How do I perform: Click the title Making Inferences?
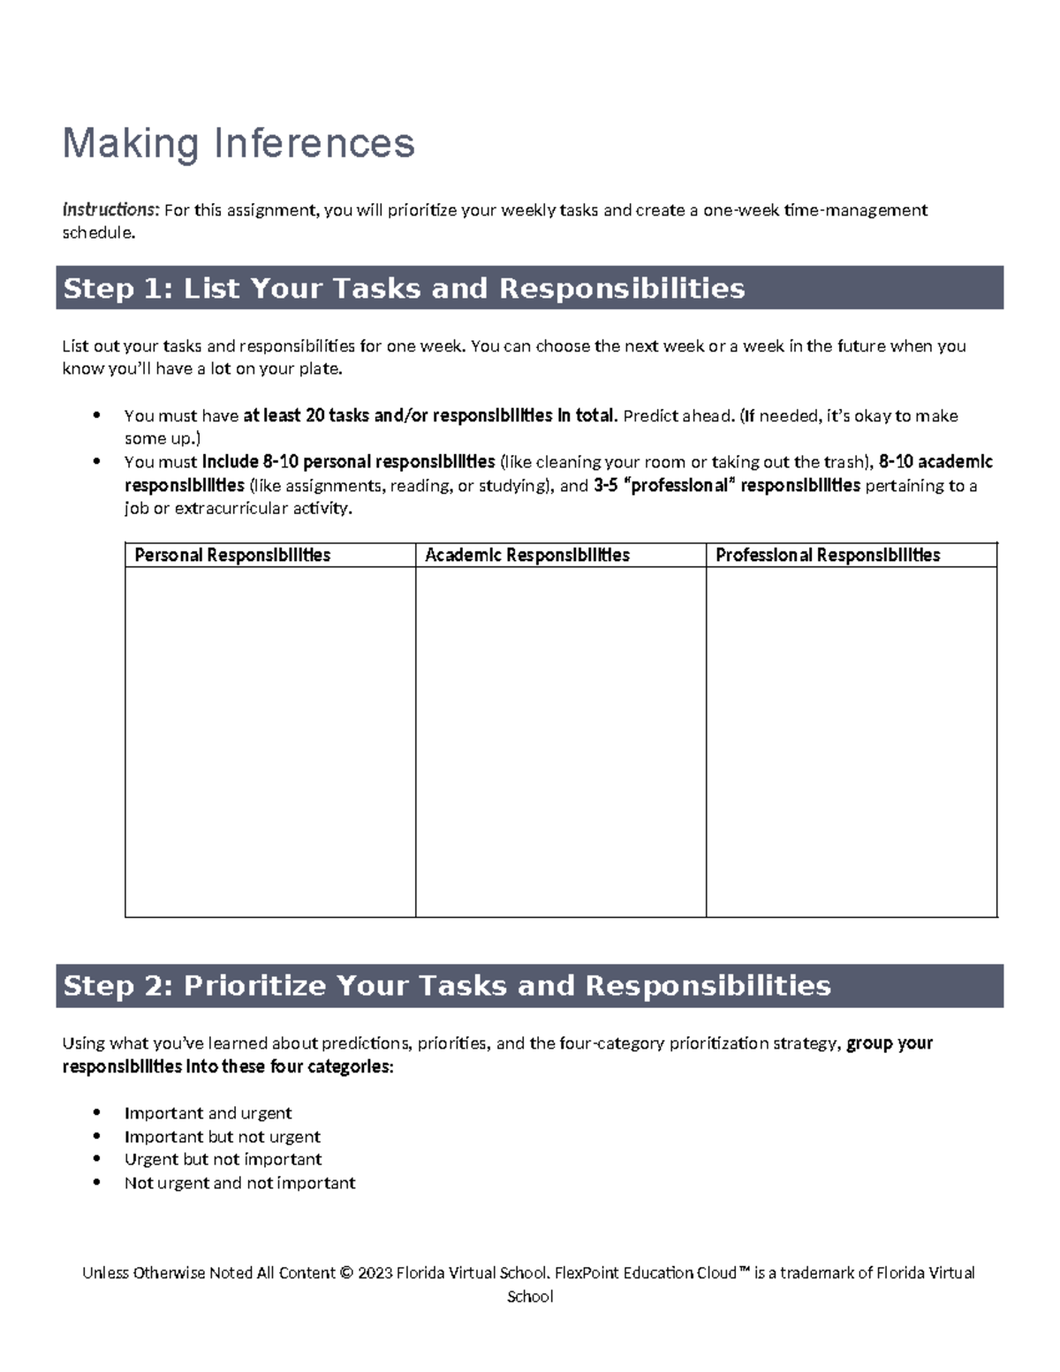pos(238,143)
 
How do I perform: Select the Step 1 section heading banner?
pos(529,288)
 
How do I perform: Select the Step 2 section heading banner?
pos(529,986)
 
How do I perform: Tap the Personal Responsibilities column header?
pos(232,555)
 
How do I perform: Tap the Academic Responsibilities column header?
pos(527,555)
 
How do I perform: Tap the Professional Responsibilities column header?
pos(828,555)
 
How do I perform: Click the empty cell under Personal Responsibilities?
pos(270,741)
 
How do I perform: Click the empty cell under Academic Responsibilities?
pos(561,741)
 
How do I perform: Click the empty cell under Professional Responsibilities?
pos(852,741)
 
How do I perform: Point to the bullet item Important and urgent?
pos(208,1113)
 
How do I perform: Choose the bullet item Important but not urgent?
pos(223,1137)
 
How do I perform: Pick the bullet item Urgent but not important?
pos(223,1159)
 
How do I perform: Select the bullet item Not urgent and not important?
pos(240,1183)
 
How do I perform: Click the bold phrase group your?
pos(890,1043)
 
